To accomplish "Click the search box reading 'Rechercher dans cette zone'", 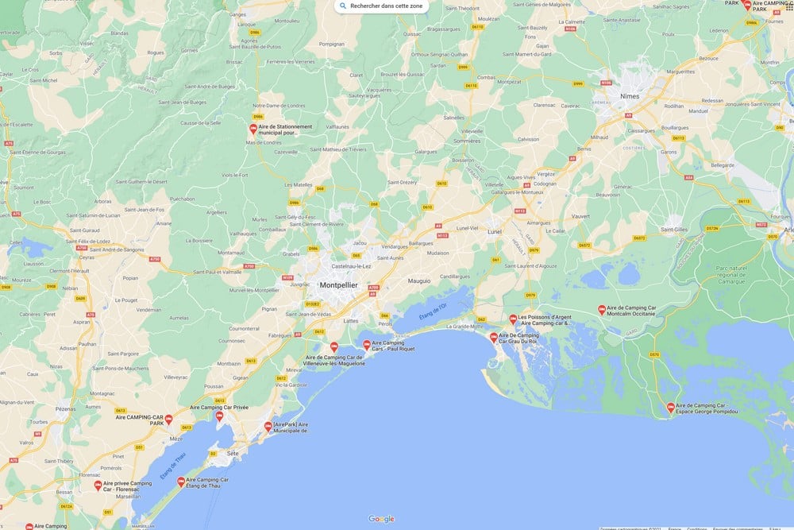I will (x=382, y=6).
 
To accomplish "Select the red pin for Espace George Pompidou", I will (x=670, y=408).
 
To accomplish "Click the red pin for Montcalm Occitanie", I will (x=602, y=310).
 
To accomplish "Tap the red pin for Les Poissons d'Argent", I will (x=513, y=319).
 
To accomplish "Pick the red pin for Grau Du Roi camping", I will (x=493, y=337).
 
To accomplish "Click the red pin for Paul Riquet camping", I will (x=366, y=345).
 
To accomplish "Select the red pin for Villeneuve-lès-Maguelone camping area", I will (x=334, y=347).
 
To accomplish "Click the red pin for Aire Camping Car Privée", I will (x=219, y=416).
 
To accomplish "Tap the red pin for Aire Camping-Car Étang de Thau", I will (x=181, y=482).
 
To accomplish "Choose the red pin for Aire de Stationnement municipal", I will (x=253, y=129).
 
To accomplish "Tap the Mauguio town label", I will (x=419, y=280).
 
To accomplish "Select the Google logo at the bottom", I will (x=381, y=519).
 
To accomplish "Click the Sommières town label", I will (x=467, y=141).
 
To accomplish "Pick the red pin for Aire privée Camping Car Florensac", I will (x=98, y=485).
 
